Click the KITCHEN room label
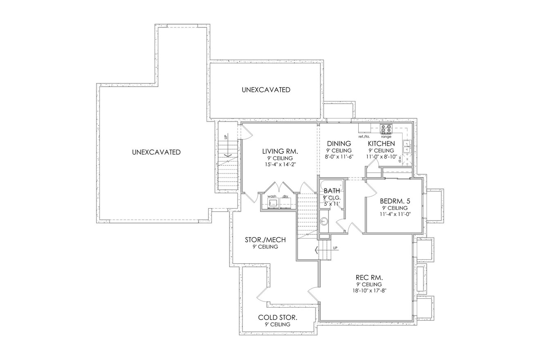[x=381, y=144]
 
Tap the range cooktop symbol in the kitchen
[x=386, y=128]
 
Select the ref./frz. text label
[x=364, y=137]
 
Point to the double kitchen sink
[x=407, y=146]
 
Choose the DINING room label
[x=339, y=144]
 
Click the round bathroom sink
[x=324, y=221]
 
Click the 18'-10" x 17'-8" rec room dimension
[x=369, y=291]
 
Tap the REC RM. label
[x=369, y=277]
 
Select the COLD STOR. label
[x=277, y=317]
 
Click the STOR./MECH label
[x=265, y=240]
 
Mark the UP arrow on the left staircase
[x=225, y=155]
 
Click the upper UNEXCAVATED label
[x=266, y=90]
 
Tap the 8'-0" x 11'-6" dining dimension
[x=339, y=156]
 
